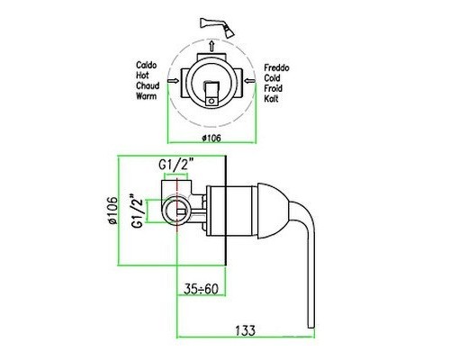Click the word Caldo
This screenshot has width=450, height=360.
(147, 65)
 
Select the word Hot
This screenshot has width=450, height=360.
(142, 75)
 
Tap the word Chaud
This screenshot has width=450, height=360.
(148, 85)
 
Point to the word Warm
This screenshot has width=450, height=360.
(147, 96)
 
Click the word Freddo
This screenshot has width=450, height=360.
(276, 67)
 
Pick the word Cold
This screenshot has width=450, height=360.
(272, 78)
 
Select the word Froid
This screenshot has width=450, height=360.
(273, 88)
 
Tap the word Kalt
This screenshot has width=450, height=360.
(271, 99)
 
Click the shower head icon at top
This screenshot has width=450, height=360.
(218, 27)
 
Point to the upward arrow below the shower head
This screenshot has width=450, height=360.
(211, 46)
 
